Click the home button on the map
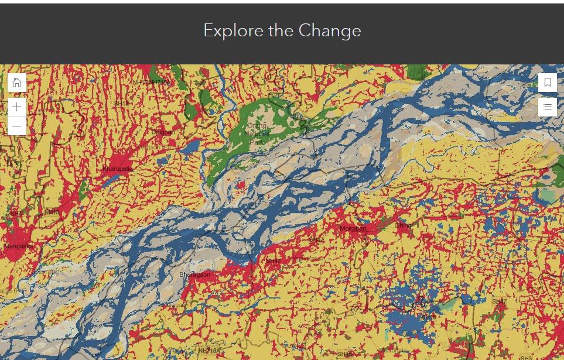coord(17,83)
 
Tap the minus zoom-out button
coord(17,126)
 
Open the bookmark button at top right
coord(548,83)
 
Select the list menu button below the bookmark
coord(548,107)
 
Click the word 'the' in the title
coord(282,30)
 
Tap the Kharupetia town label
coord(118,169)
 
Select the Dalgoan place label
coord(163,132)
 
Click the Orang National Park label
coord(257,133)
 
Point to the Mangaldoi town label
coord(18,246)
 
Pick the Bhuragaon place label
coord(194,275)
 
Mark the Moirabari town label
coord(353,228)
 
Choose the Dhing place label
coord(403,225)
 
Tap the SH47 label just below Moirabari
coord(316,240)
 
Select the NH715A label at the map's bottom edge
coord(208,351)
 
